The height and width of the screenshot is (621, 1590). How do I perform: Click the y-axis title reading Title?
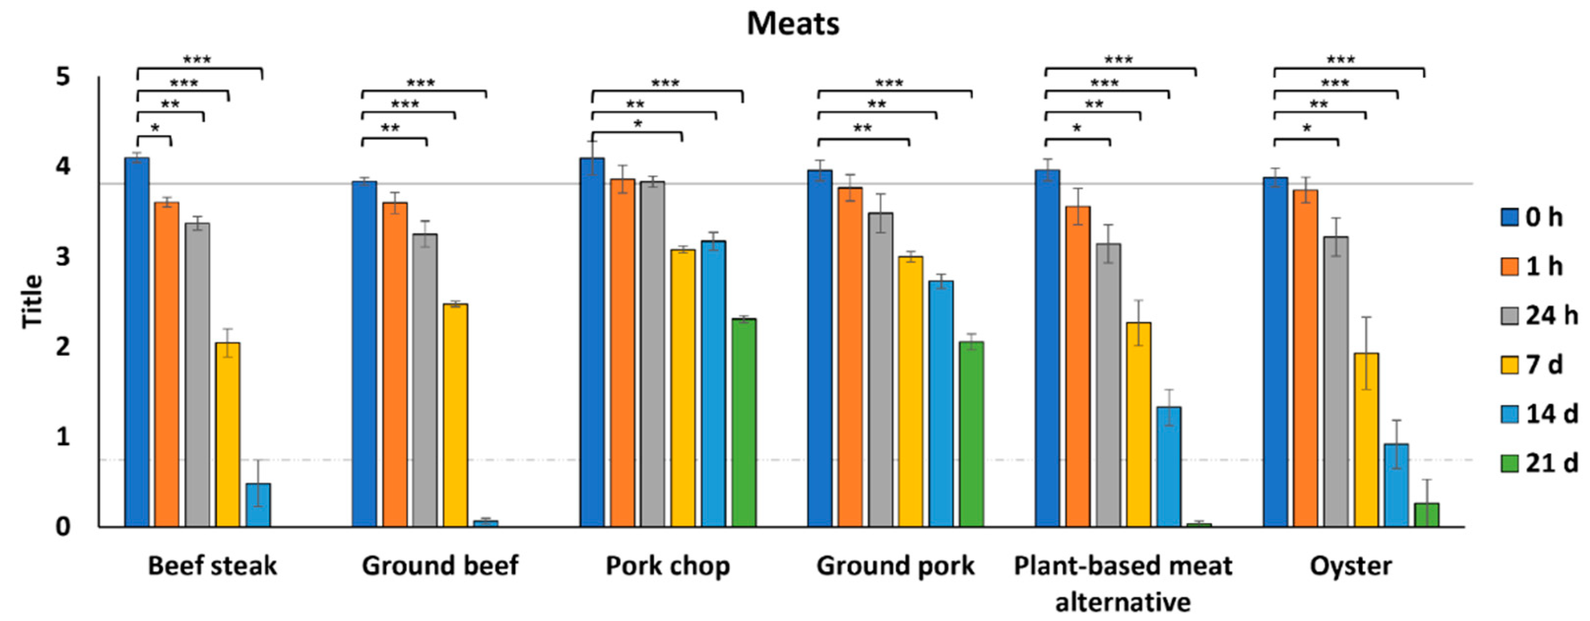(32, 301)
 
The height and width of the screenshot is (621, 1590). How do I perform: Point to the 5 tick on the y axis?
(63, 77)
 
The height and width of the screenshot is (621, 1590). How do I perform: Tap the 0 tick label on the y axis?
(63, 526)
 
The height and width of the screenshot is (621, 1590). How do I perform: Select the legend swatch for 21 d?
(1509, 463)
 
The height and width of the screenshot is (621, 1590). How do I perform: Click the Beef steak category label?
(212, 565)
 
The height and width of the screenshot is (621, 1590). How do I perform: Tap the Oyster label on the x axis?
(1350, 565)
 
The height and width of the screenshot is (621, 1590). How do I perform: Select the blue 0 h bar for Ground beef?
(364, 354)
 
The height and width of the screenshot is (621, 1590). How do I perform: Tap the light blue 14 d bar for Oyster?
(1396, 485)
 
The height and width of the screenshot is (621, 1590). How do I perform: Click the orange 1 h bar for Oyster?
(1305, 358)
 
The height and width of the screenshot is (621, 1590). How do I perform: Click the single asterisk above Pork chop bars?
(637, 124)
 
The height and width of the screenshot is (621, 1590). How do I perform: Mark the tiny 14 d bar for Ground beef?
(486, 523)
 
